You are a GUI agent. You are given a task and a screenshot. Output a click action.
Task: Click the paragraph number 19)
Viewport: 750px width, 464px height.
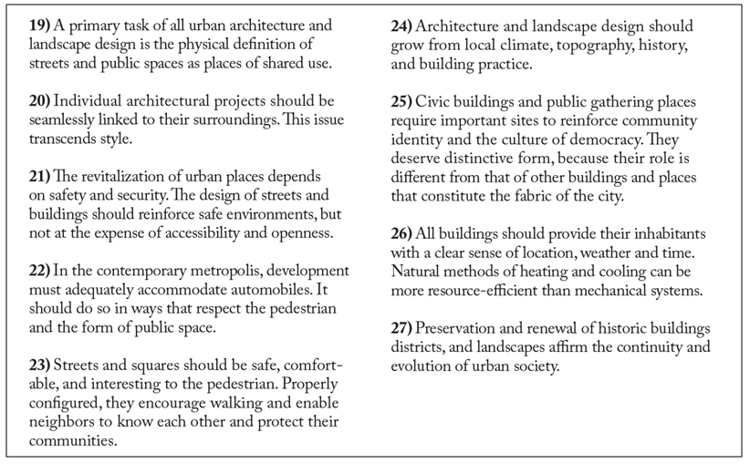(41, 26)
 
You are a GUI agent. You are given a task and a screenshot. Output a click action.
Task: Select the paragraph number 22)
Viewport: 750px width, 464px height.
(41, 273)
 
